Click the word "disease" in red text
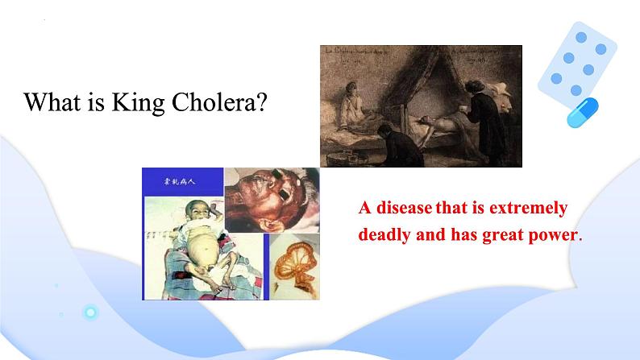click(x=401, y=208)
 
